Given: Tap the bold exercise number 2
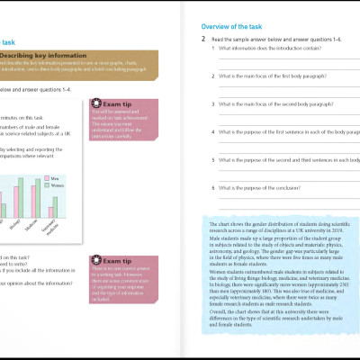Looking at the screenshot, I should click(x=203, y=41).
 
